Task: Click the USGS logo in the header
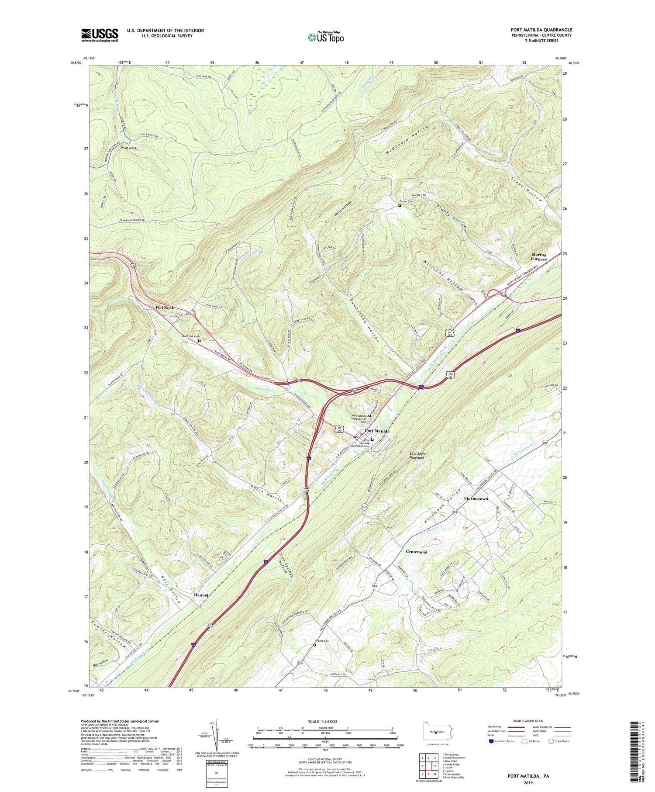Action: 100,35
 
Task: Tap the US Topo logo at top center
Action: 325,37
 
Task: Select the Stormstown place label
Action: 476,498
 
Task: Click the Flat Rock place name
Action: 165,308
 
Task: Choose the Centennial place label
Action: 416,552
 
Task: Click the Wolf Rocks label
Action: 127,149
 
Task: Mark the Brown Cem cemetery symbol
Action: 399,206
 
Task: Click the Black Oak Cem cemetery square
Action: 200,341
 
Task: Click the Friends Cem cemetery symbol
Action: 314,644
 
